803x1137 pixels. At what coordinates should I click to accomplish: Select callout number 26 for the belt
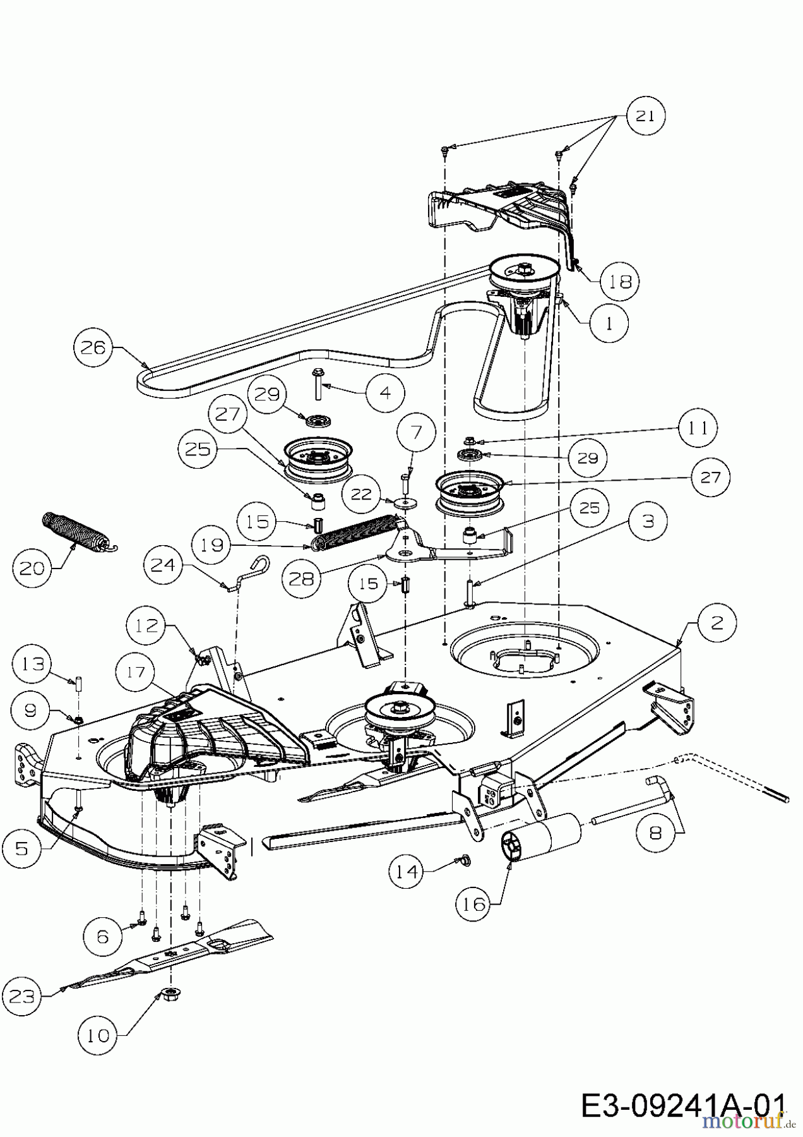coord(93,348)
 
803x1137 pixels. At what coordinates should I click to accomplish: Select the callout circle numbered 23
coord(21,996)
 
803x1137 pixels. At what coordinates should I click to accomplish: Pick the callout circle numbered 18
coord(621,282)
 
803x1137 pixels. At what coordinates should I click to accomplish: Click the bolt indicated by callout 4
coord(317,385)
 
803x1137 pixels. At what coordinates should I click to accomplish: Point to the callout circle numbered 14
coord(407,872)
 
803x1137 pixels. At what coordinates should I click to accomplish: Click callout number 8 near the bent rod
coord(655,833)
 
